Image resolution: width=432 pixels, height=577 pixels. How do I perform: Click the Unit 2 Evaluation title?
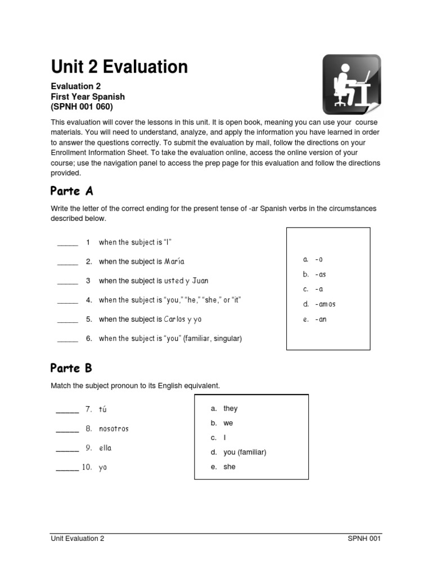119,67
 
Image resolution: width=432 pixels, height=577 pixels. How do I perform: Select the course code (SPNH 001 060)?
82,107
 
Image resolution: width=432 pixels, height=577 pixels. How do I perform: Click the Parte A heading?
71,190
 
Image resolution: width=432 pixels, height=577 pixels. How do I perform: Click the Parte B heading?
71,369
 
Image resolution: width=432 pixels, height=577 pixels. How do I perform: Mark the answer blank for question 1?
67,243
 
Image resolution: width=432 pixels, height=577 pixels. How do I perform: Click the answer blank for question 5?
67,320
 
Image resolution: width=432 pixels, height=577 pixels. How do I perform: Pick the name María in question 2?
174,261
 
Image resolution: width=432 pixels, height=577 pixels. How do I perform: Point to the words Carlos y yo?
183,319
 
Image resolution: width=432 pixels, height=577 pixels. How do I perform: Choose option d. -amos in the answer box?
319,304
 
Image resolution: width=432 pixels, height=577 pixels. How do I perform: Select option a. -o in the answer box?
313,259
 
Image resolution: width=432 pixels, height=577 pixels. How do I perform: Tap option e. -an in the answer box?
314,319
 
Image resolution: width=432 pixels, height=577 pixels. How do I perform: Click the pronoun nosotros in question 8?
114,429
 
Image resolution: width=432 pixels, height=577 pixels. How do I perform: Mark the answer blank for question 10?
67,468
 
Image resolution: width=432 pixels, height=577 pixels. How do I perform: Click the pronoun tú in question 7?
102,410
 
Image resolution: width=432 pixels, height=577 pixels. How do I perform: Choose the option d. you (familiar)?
238,452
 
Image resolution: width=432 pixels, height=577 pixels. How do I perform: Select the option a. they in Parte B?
224,409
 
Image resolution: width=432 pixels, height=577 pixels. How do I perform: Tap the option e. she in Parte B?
223,467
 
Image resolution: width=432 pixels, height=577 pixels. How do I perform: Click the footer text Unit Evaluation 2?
78,538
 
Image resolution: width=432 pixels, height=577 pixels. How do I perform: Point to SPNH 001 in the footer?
364,538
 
